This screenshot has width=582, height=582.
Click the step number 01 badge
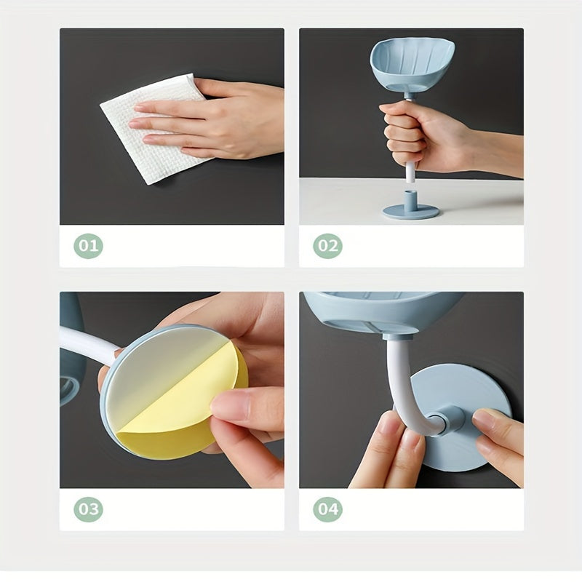click(88, 246)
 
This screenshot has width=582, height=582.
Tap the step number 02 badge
click(328, 246)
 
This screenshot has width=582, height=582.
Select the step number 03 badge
click(88, 509)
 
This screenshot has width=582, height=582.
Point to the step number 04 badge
click(328, 509)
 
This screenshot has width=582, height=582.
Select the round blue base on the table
click(411, 211)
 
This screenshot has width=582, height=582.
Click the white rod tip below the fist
click(410, 173)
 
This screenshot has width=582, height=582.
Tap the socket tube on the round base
click(409, 201)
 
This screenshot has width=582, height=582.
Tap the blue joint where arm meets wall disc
click(449, 420)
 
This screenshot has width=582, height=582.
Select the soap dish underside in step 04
click(383, 312)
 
